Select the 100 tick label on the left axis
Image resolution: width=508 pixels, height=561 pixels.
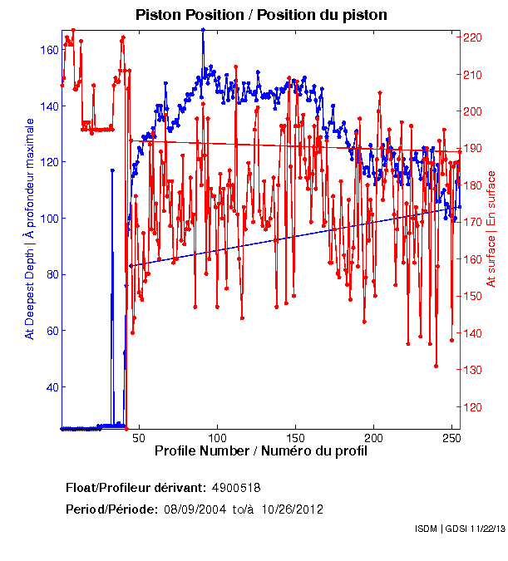(48, 219)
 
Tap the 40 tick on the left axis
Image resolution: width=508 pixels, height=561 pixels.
(52, 387)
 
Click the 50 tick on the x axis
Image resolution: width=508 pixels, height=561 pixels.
(139, 438)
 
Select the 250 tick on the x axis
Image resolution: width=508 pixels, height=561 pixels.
(452, 438)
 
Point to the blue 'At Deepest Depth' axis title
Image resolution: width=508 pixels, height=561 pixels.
(30, 229)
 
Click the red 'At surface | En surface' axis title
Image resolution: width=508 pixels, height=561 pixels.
(491, 229)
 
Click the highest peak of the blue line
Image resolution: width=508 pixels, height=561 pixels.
(203, 30)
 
